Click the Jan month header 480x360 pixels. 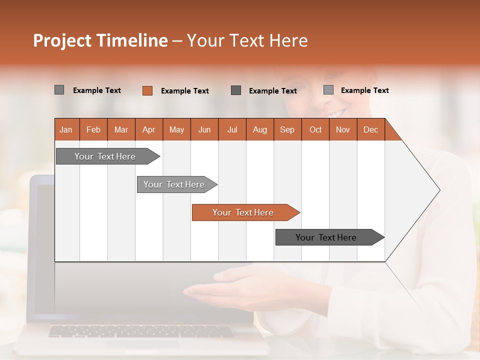click(66, 129)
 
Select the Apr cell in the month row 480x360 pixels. click(149, 129)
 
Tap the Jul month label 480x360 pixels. click(232, 129)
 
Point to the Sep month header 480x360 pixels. click(287, 129)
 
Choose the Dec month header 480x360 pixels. click(370, 129)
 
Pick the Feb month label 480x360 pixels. click(93, 129)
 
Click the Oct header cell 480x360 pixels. click(315, 129)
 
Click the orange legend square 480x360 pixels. click(147, 90)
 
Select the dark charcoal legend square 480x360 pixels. click(236, 90)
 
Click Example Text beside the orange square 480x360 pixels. click(184, 91)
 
